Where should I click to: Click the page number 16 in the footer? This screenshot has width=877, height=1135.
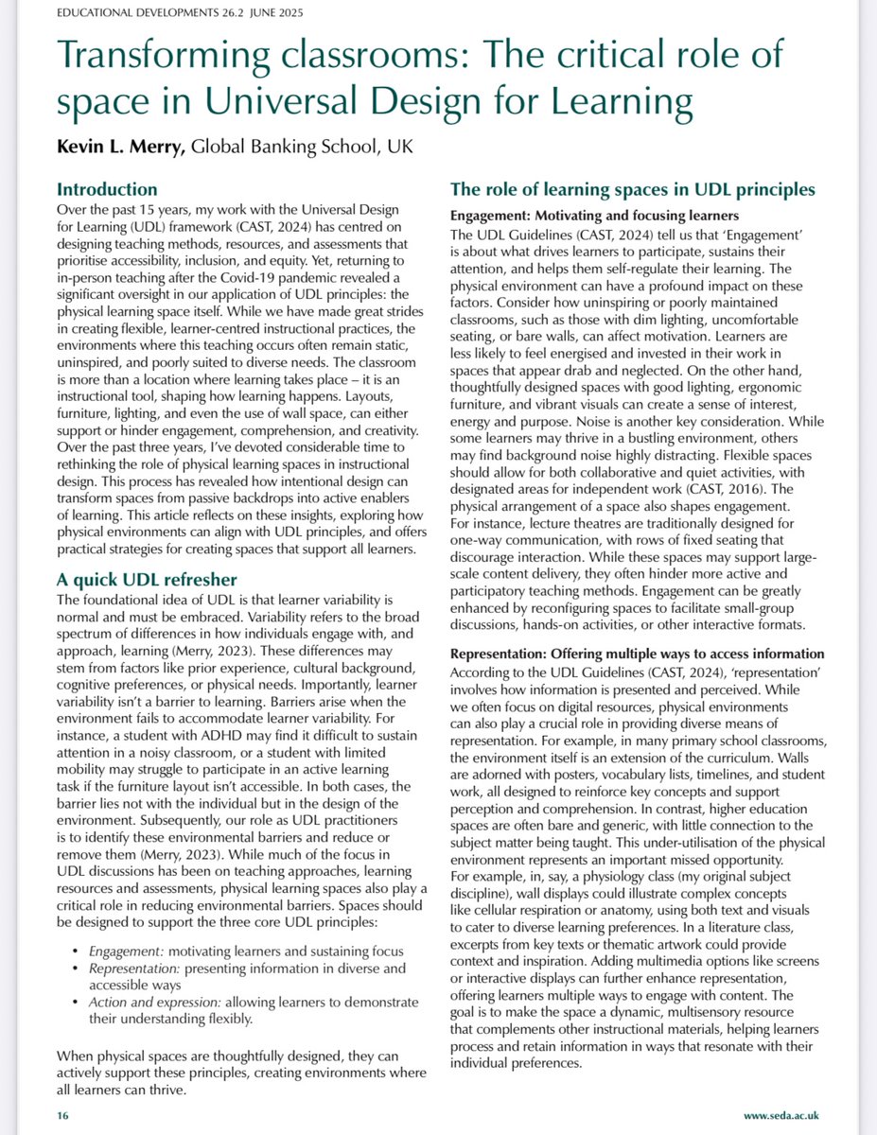pos(62,1116)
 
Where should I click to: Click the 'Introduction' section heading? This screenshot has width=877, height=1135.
pos(107,189)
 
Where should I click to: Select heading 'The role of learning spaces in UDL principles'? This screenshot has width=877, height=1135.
pos(633,189)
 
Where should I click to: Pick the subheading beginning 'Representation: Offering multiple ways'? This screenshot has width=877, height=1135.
pos(637,654)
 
